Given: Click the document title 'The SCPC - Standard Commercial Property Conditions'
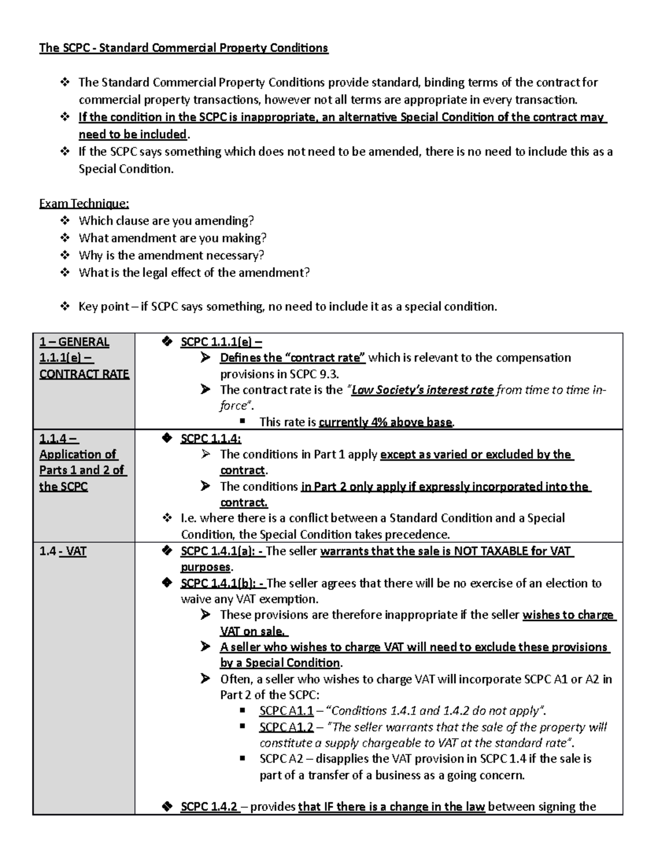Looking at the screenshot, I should pos(183,48).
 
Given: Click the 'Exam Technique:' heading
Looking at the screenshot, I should pos(84,203).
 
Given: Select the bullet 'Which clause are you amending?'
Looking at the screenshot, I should pos(166,221).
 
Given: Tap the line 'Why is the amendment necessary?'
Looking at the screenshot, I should pos(171,255).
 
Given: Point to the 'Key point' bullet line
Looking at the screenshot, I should pos(287,306).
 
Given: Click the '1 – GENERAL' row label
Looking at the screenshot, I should pos(74,342).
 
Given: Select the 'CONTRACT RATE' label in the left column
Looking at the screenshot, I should pos(84,374).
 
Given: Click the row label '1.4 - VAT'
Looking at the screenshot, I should pos(63,551).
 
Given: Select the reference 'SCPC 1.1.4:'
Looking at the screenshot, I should pos(211,439).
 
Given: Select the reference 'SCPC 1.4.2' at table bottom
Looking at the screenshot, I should pos(210,807).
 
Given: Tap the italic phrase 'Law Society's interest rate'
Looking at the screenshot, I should pos(422,390).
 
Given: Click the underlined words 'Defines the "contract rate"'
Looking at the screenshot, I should pos(293,358).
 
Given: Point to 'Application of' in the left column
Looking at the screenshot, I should pos(78,455).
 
